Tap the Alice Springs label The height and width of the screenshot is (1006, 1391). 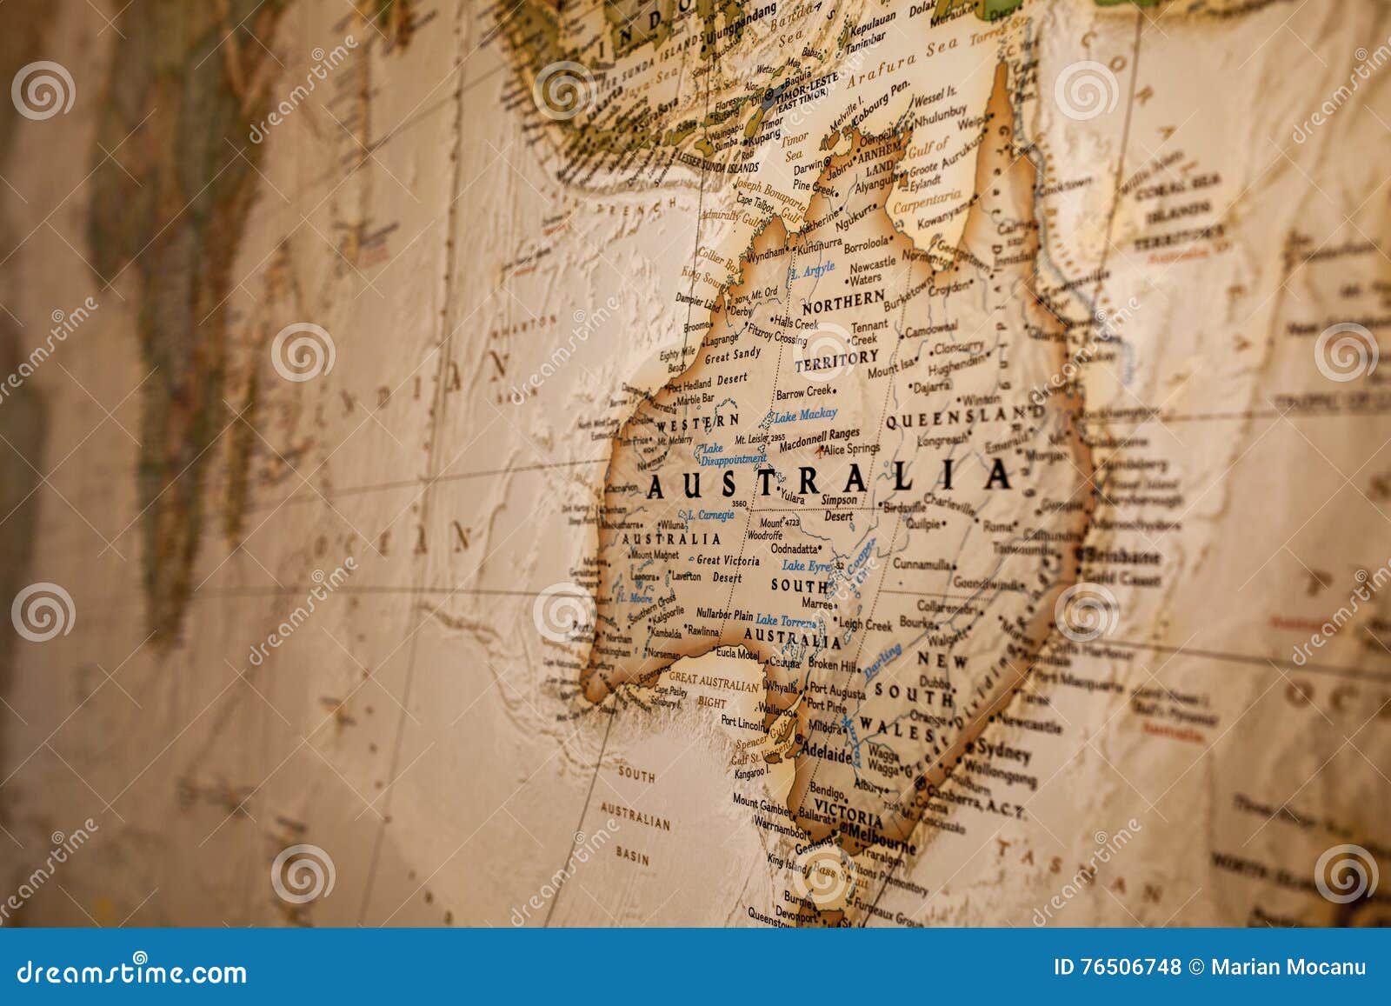tap(851, 450)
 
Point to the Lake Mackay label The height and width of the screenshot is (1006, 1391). tap(805, 415)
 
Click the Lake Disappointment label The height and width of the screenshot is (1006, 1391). tap(733, 453)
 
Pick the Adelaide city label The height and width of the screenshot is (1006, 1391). tap(826, 756)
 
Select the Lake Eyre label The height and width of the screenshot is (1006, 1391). tap(806, 566)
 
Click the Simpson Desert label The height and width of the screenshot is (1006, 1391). tap(839, 508)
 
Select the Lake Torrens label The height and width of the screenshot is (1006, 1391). tap(786, 621)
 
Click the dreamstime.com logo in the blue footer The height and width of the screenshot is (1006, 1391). tap(131, 971)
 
